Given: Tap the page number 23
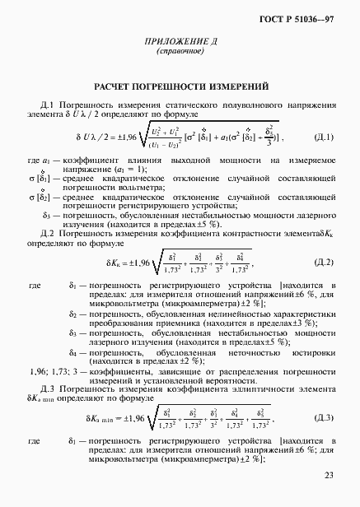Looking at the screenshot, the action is (329, 474).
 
